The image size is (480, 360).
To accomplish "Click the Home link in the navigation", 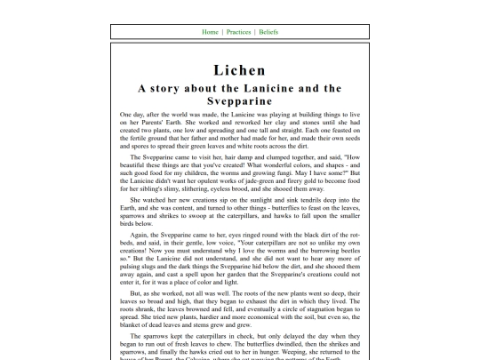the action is click(x=211, y=32).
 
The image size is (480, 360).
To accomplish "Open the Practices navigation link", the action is click(x=238, y=32).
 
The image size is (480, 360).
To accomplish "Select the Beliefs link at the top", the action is click(x=268, y=32).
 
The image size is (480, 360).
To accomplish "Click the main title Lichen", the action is click(x=239, y=70).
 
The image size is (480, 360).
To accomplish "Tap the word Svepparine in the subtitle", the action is click(x=239, y=101).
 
